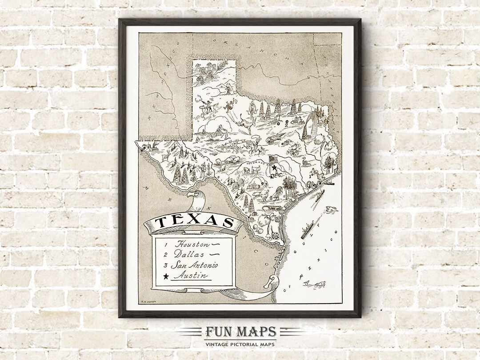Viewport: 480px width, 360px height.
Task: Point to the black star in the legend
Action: click(166, 276)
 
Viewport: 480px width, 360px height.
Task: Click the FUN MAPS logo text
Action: click(240, 332)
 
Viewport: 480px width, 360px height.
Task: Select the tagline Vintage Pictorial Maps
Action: click(240, 344)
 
